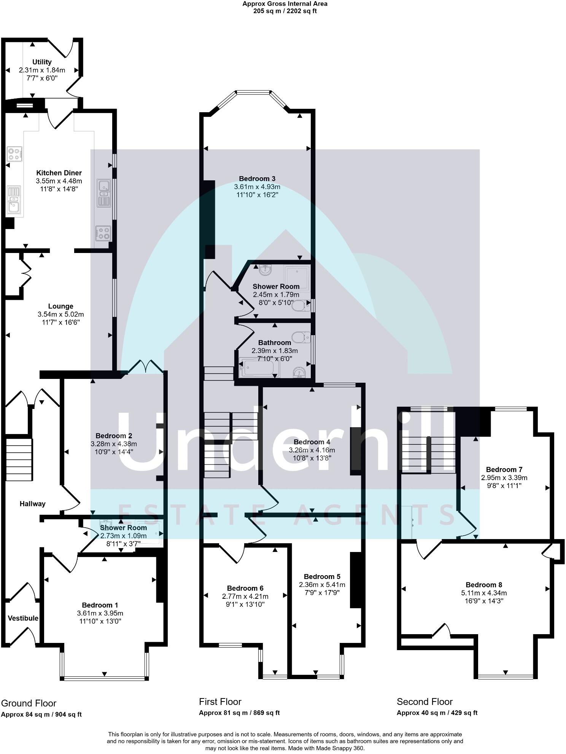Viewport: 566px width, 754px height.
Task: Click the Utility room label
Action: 42,62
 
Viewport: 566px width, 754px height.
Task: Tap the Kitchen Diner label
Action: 59,173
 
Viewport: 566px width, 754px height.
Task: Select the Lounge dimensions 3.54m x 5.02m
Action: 61,315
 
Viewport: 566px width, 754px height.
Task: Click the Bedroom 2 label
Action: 114,436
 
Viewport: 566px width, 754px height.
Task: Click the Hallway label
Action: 33,504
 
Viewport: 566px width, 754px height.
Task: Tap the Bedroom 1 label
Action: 100,605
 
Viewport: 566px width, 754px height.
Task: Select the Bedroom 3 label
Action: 257,179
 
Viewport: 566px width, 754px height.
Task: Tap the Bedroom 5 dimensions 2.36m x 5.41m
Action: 322,585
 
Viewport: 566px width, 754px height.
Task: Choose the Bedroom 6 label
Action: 245,588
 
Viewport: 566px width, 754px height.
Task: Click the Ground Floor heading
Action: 29,703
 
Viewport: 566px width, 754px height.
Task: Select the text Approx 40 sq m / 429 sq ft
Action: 437,713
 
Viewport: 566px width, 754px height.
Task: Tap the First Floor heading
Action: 220,702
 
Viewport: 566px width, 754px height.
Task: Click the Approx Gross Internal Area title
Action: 285,4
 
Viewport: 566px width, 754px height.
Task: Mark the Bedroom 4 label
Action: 312,442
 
